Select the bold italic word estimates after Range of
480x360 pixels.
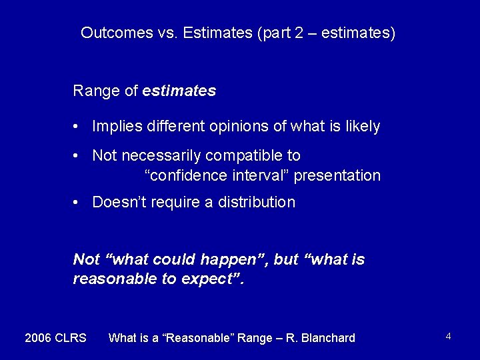pyautogui.click(x=179, y=91)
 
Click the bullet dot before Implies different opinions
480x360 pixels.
pyautogui.click(x=78, y=127)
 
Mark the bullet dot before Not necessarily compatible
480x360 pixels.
pyautogui.click(x=78, y=156)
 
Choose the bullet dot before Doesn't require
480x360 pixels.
pyautogui.click(x=78, y=203)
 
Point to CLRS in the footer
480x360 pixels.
pyautogui.click(x=72, y=338)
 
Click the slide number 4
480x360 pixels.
pyautogui.click(x=449, y=337)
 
